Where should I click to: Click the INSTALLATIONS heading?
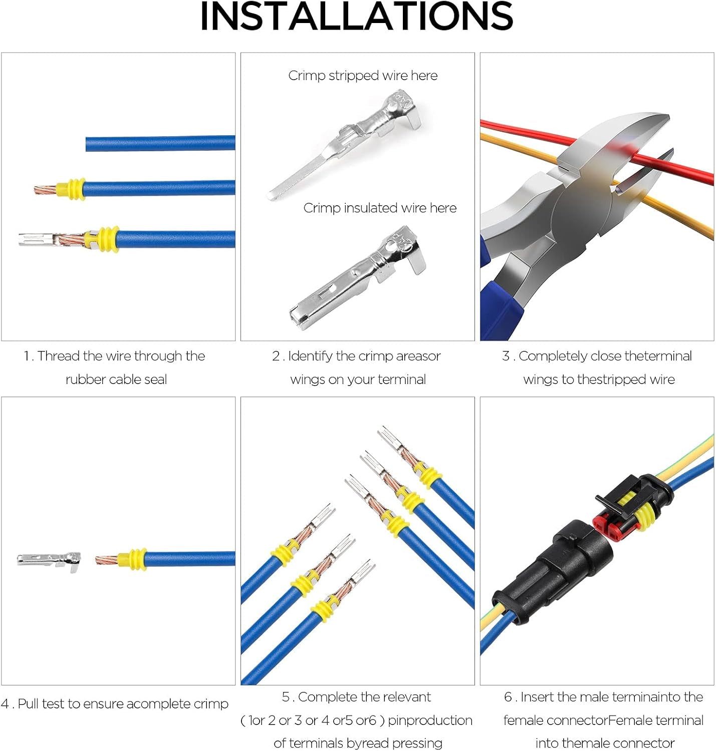point(356,17)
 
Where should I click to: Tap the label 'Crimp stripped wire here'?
point(363,76)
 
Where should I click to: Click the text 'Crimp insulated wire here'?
point(380,208)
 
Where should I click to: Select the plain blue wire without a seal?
point(160,144)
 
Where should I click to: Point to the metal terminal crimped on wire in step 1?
point(38,239)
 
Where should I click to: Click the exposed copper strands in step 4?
point(106,559)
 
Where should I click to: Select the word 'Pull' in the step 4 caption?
point(29,704)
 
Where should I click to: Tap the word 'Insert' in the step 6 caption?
point(537,697)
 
